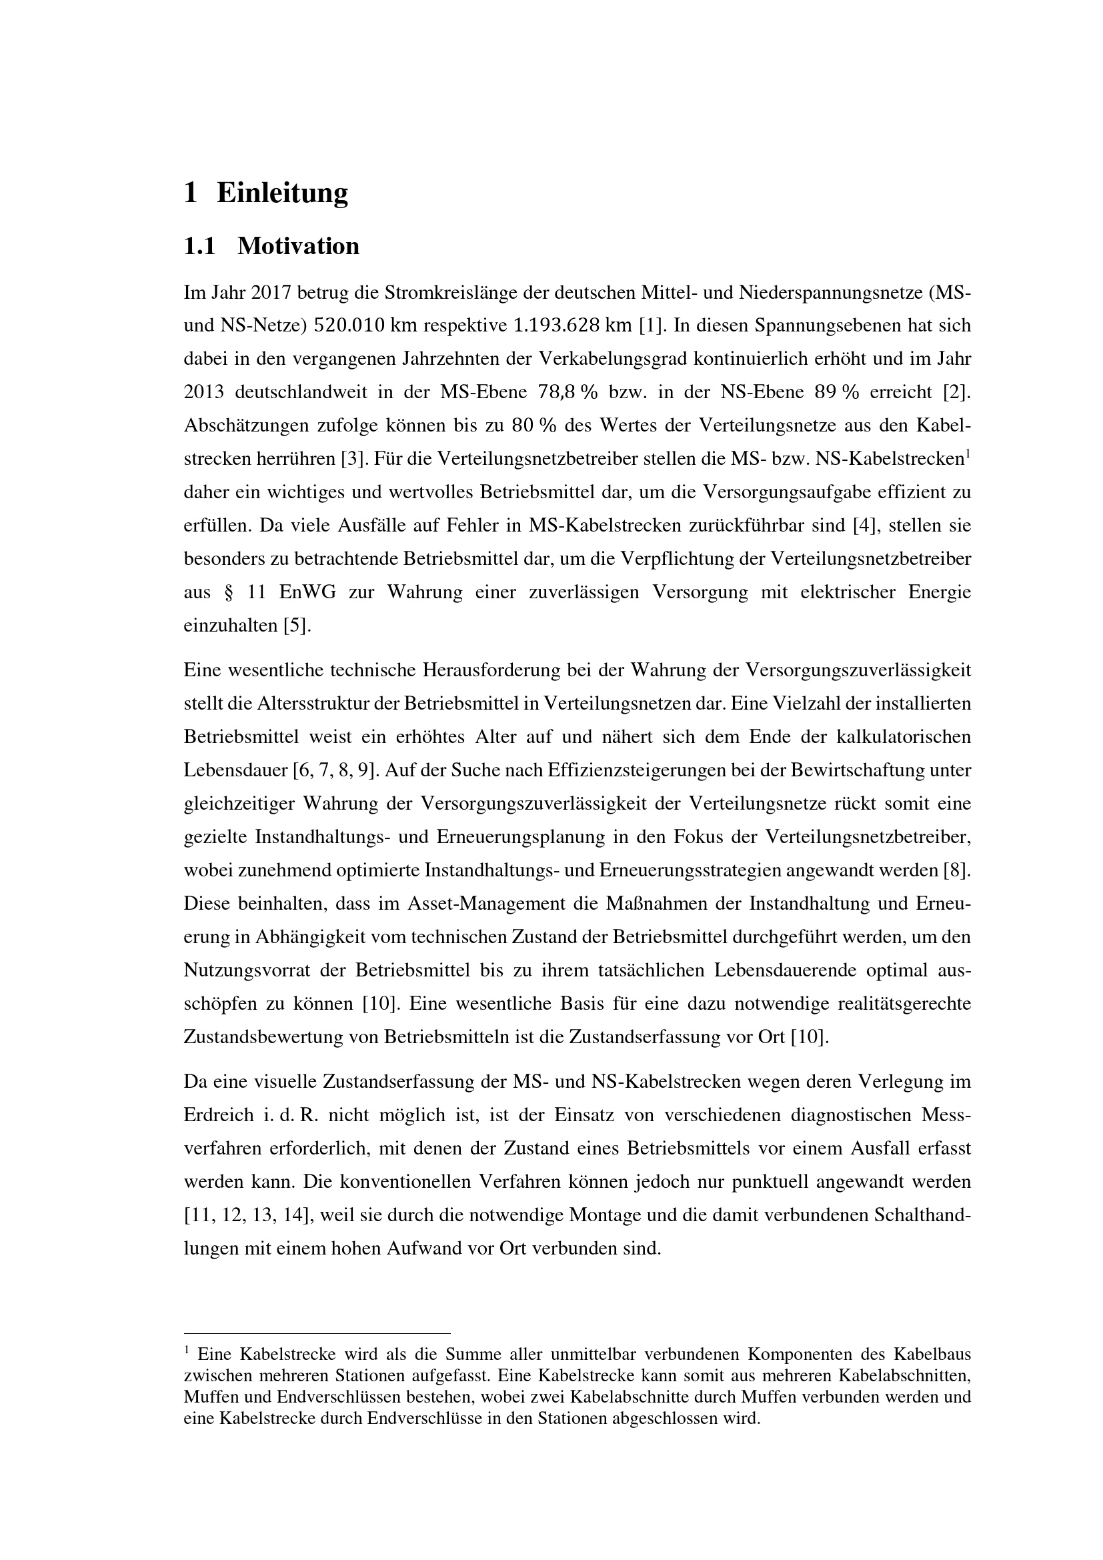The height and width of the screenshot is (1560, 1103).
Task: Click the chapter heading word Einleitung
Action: [282, 193]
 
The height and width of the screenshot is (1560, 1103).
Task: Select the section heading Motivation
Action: [298, 246]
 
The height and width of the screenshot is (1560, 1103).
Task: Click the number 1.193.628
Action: [557, 325]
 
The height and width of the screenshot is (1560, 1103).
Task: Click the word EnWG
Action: [307, 592]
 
